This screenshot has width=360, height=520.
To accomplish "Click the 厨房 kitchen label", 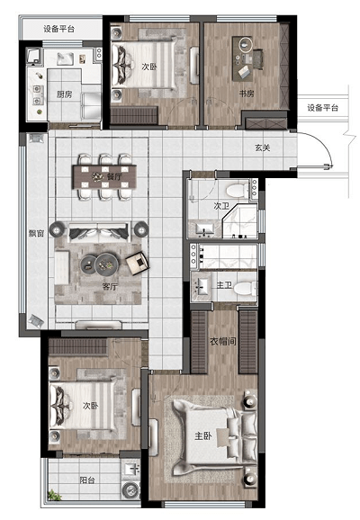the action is coord(64,94).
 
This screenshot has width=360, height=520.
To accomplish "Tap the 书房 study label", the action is coord(247,94).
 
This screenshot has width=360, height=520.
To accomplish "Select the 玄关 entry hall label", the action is coord(263,148).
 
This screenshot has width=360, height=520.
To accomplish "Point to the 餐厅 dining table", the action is coord(104,176).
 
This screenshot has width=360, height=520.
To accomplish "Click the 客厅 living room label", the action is coord(110,286).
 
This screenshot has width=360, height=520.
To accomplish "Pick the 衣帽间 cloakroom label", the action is coord(223,341).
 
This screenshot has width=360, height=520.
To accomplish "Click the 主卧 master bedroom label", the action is coord(203,435).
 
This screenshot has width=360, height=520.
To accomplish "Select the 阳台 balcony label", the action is coord(87,480).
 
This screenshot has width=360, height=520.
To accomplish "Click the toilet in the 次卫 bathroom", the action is coord(237,191).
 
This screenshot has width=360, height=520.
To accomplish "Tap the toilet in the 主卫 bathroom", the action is coord(245,288).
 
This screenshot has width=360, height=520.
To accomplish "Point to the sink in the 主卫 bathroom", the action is coord(202,286).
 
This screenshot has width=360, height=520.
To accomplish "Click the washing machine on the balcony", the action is coord(130,489).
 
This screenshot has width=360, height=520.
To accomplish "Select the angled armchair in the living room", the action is coord(138,263).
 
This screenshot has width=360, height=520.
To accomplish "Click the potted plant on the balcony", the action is coord(54,496).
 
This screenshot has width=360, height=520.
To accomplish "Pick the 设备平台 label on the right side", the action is coord(322,108).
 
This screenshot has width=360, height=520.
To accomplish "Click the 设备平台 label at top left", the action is coord(58,29).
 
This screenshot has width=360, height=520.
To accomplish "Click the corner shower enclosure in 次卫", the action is coord(239,221).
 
